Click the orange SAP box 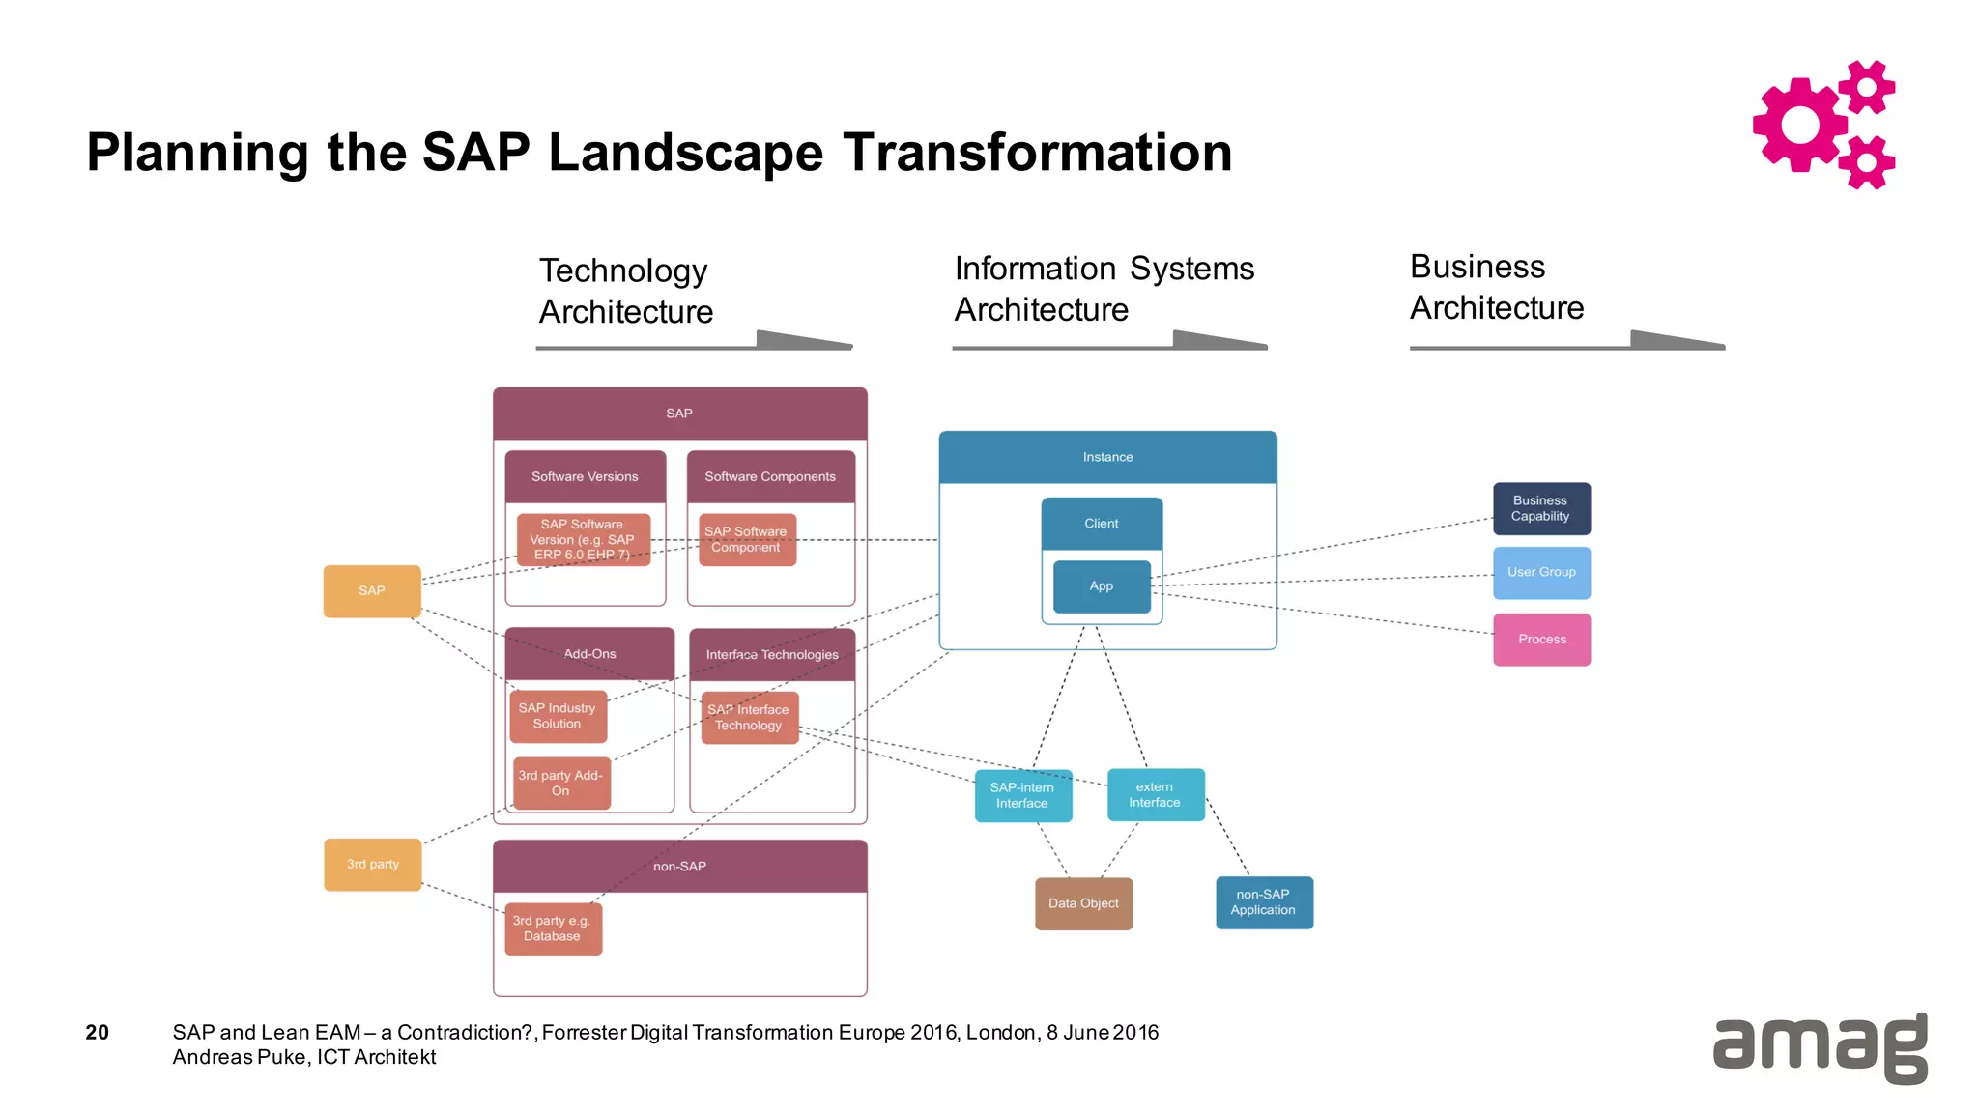pos(372,590)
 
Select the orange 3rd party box pos(372,864)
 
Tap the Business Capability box pos(1540,508)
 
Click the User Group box pos(1540,572)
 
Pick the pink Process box pos(1540,639)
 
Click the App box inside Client pos(1101,585)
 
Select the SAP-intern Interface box pos(1022,795)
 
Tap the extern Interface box pos(1155,794)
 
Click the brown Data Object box pos(1082,903)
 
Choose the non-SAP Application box pos(1263,902)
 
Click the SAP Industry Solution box pos(558,716)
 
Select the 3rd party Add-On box pos(560,783)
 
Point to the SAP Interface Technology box pos(749,717)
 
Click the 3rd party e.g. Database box pos(553,928)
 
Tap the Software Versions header pos(585,476)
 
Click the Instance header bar pos(1107,457)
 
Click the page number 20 pos(97,1032)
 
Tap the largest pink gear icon pos(1799,125)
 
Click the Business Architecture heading pos(1496,287)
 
